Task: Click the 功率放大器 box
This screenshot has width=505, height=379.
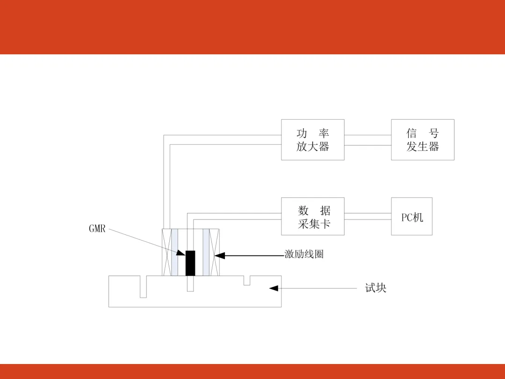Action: click(312, 139)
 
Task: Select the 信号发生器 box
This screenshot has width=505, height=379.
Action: click(422, 139)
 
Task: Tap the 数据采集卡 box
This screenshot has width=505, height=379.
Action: click(312, 216)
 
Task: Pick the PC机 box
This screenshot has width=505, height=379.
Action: click(411, 216)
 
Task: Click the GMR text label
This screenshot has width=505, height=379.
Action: click(97, 229)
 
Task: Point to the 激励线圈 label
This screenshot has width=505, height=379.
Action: click(304, 255)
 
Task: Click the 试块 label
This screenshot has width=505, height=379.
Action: click(375, 288)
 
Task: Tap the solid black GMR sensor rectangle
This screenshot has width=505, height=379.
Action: click(190, 263)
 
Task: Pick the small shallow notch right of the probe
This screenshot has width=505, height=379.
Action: click(247, 280)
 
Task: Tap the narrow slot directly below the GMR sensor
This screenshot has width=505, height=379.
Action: click(190, 284)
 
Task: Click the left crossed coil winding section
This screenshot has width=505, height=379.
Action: click(166, 252)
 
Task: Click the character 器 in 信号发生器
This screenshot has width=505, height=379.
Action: click(434, 147)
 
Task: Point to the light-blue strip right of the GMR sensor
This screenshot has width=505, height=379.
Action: click(206, 252)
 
